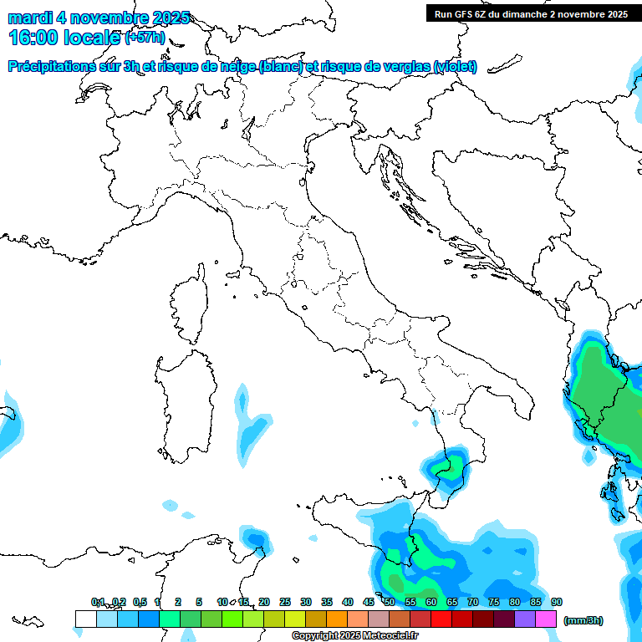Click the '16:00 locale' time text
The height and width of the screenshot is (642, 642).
pyautogui.click(x=64, y=38)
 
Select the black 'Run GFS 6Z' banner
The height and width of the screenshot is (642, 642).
pyautogui.click(x=531, y=13)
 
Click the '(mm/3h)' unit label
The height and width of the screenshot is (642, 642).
pyautogui.click(x=583, y=620)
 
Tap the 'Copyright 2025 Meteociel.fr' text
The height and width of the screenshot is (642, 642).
pyautogui.click(x=355, y=636)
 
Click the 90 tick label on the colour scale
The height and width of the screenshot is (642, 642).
pyautogui.click(x=557, y=602)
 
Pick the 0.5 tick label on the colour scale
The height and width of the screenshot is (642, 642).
pyautogui.click(x=140, y=602)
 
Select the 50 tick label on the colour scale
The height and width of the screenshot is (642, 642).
pyautogui.click(x=390, y=602)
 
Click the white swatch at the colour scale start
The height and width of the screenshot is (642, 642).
pyautogui.click(x=85, y=619)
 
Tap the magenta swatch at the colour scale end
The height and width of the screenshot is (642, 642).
pyautogui.click(x=546, y=619)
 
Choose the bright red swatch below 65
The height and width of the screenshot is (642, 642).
pyautogui.click(x=441, y=619)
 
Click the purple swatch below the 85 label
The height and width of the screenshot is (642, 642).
pyautogui.click(x=525, y=619)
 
